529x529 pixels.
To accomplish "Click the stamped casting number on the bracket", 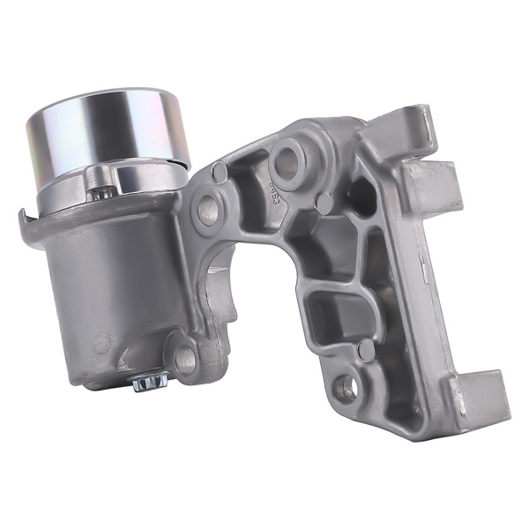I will [x=276, y=190].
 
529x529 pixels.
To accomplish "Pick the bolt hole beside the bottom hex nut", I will [x=183, y=357].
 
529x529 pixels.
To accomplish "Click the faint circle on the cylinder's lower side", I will [x=105, y=340].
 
